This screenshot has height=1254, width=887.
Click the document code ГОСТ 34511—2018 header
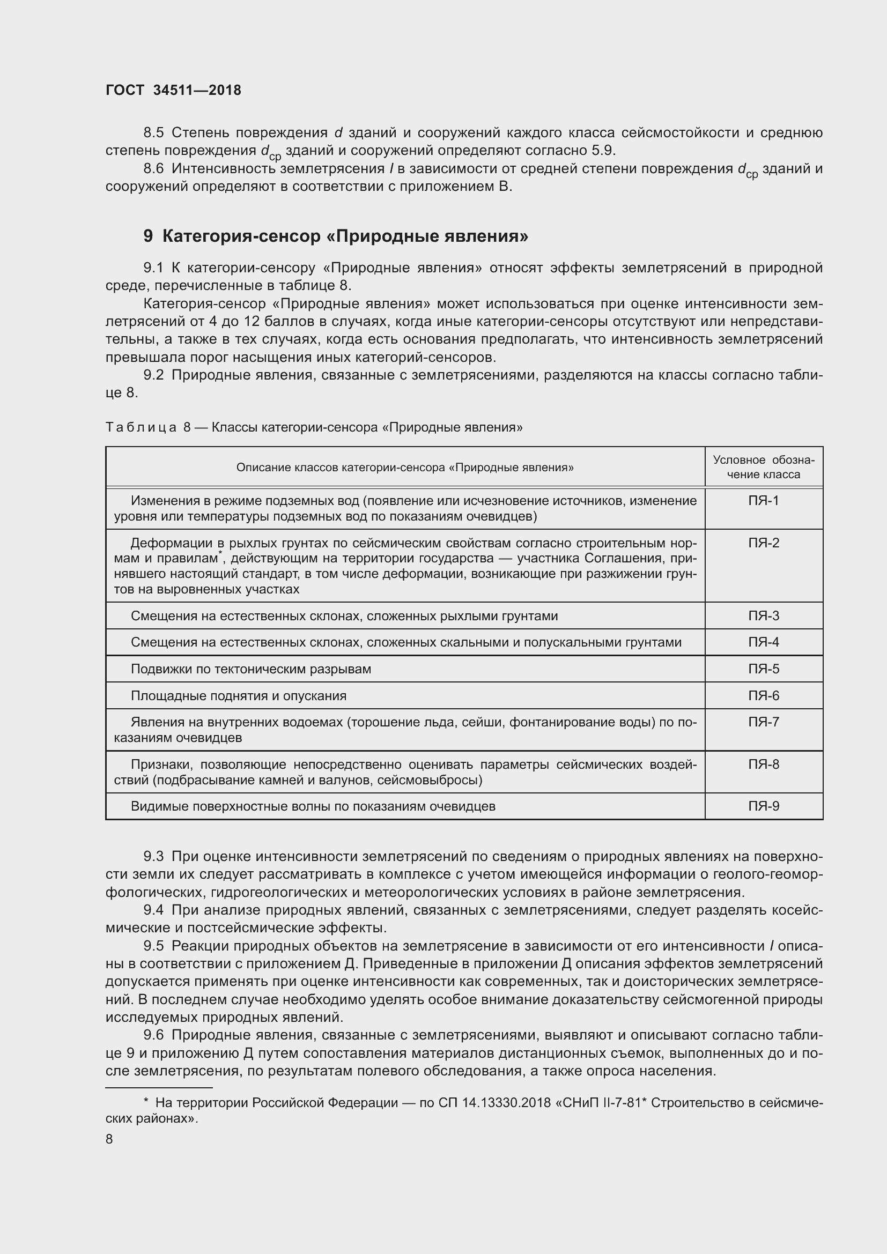[173, 90]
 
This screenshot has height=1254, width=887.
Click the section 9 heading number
[148, 236]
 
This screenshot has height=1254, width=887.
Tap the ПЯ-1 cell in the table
[763, 500]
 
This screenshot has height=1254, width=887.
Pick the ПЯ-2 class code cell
[763, 543]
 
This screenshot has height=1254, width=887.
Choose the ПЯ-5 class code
[763, 669]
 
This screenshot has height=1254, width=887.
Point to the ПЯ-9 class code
[763, 806]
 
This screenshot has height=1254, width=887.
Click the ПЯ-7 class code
[763, 722]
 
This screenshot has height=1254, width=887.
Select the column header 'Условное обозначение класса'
[763, 467]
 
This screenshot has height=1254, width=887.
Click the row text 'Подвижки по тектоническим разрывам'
[250, 669]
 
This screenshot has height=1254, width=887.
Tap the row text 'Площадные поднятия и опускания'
[239, 696]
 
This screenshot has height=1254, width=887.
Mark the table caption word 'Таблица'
[141, 427]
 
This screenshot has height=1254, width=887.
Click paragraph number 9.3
[153, 856]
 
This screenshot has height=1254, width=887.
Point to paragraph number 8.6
[153, 169]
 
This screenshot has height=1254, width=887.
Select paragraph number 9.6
[153, 1035]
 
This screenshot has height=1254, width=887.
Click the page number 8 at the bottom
[109, 1139]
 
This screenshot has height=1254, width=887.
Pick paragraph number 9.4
[153, 910]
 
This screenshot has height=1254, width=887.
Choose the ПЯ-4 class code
[763, 642]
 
